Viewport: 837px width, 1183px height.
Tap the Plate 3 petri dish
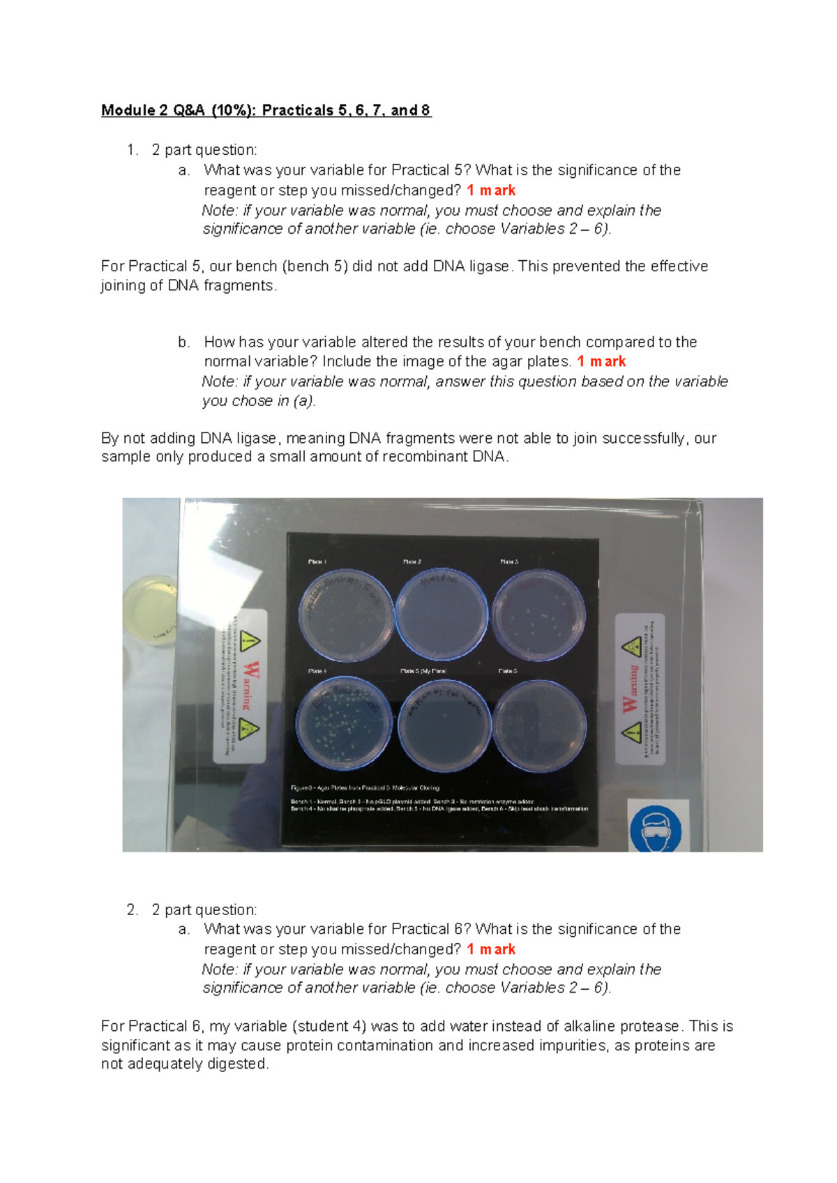click(538, 615)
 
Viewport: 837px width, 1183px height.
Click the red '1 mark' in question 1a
click(491, 190)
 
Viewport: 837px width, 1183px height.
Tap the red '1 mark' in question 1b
click(601, 361)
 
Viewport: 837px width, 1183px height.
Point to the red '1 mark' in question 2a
click(491, 949)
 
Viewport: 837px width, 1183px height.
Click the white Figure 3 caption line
click(365, 788)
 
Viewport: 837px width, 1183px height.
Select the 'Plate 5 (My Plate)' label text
click(423, 671)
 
